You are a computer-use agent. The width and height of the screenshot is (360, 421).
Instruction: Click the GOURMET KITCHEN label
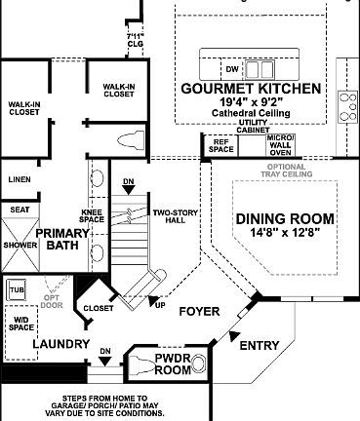(251, 89)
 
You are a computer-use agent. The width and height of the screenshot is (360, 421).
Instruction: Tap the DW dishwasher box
(232, 69)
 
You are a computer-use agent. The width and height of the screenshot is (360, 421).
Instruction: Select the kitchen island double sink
(260, 69)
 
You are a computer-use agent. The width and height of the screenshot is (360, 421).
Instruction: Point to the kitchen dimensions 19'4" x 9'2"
(251, 102)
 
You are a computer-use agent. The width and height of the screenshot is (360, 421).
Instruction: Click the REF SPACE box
(220, 145)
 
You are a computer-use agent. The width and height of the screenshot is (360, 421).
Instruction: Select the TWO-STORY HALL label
(170, 215)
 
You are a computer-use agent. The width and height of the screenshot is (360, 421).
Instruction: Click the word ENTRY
(259, 345)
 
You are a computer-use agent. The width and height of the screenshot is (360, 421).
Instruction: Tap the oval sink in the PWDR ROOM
(199, 364)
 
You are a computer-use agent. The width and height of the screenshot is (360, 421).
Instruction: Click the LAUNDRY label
(34, 345)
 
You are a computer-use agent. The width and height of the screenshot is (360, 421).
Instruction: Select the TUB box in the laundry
(17, 290)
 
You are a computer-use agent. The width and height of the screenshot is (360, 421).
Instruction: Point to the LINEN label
(19, 179)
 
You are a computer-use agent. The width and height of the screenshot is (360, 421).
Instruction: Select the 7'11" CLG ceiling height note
(136, 41)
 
